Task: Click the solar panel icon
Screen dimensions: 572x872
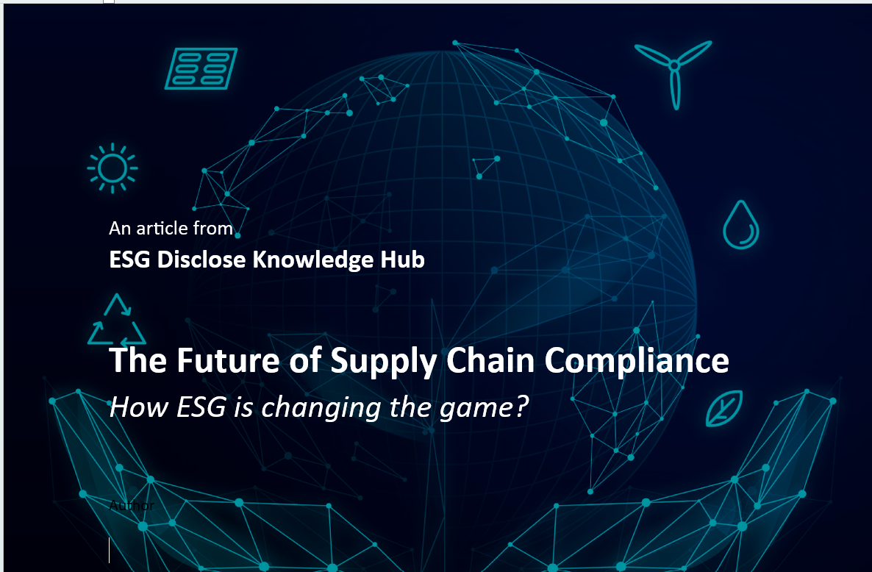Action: tap(201, 68)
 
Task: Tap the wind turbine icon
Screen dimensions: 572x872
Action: tap(673, 70)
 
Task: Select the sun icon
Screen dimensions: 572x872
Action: tap(112, 168)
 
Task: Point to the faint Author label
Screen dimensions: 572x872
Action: tap(132, 505)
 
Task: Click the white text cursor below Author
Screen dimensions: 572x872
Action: tap(110, 550)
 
